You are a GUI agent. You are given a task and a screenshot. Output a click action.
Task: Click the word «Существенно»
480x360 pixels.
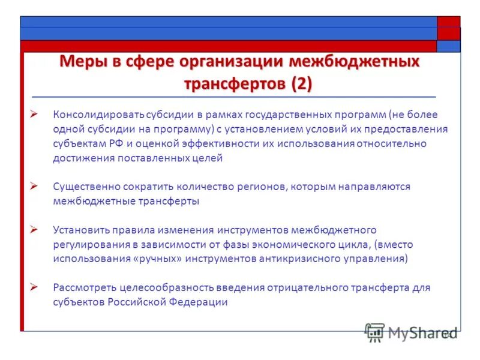[x=83, y=187]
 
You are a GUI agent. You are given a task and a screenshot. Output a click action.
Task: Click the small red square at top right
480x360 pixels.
[x=448, y=22]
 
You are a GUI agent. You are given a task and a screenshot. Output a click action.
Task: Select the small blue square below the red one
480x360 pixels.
[x=448, y=46]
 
